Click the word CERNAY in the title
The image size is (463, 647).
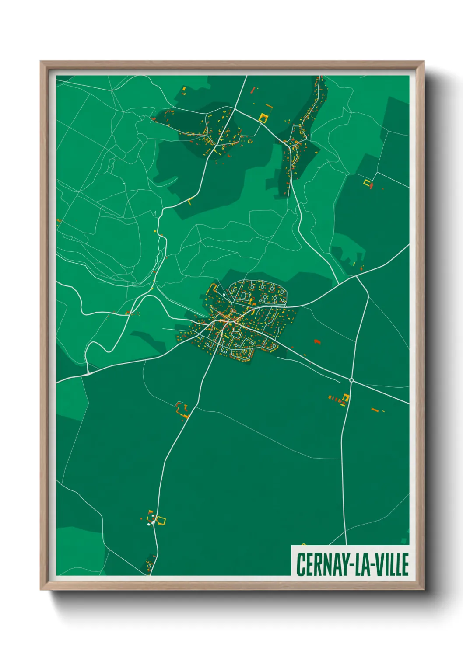pos(323,564)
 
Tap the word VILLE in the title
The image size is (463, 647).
pos(391,564)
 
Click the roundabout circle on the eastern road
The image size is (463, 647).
pos(351,380)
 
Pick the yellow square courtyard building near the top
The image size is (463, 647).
pos(263,117)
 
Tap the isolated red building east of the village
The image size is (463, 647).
pos(317,341)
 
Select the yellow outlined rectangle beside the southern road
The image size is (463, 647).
pos(161,520)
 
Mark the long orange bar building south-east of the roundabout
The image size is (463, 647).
pos(375,410)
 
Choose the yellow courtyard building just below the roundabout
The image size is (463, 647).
pos(345,398)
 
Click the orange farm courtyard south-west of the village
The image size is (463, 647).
pos(181,410)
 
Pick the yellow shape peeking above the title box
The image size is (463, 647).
pos(304,544)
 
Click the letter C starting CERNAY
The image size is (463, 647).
pos(301,564)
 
